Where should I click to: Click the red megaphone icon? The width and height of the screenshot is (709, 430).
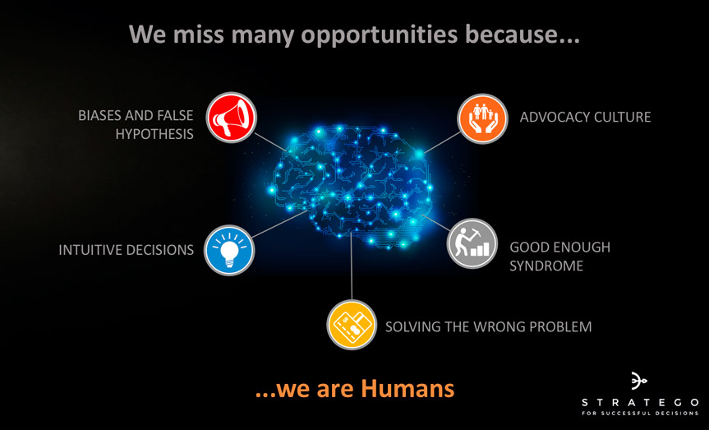pyautogui.click(x=232, y=118)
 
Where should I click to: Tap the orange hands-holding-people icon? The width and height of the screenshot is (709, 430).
pyautogui.click(x=482, y=118)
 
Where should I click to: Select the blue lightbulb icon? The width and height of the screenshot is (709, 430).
pyautogui.click(x=229, y=250)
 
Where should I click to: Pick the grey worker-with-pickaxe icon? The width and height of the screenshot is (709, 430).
pyautogui.click(x=472, y=243)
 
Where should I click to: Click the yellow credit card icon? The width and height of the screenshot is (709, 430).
pyautogui.click(x=352, y=325)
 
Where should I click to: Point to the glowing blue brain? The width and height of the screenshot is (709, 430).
pyautogui.click(x=352, y=186)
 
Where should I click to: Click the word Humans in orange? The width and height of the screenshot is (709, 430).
pyautogui.click(x=407, y=389)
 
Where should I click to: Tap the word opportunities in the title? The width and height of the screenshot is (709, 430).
pyautogui.click(x=380, y=35)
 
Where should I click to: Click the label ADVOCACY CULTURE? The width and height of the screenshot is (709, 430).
pyautogui.click(x=585, y=118)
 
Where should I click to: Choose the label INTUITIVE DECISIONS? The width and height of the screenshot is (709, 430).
pyautogui.click(x=127, y=250)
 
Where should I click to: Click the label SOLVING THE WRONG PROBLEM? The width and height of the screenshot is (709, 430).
pyautogui.click(x=488, y=326)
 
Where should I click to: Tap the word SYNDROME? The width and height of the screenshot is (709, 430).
pyautogui.click(x=546, y=266)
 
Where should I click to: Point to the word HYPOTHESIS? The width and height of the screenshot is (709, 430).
pyautogui.click(x=154, y=134)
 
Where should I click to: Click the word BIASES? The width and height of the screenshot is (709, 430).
pyautogui.click(x=99, y=115)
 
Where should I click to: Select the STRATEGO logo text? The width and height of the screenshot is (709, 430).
pyautogui.click(x=640, y=402)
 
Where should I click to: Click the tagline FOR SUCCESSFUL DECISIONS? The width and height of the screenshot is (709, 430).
pyautogui.click(x=640, y=414)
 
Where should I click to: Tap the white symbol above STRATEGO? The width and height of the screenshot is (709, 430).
pyautogui.click(x=638, y=381)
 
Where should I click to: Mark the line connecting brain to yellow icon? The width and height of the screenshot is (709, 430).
pyautogui.click(x=352, y=266)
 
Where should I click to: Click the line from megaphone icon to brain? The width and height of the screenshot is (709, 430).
pyautogui.click(x=270, y=142)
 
